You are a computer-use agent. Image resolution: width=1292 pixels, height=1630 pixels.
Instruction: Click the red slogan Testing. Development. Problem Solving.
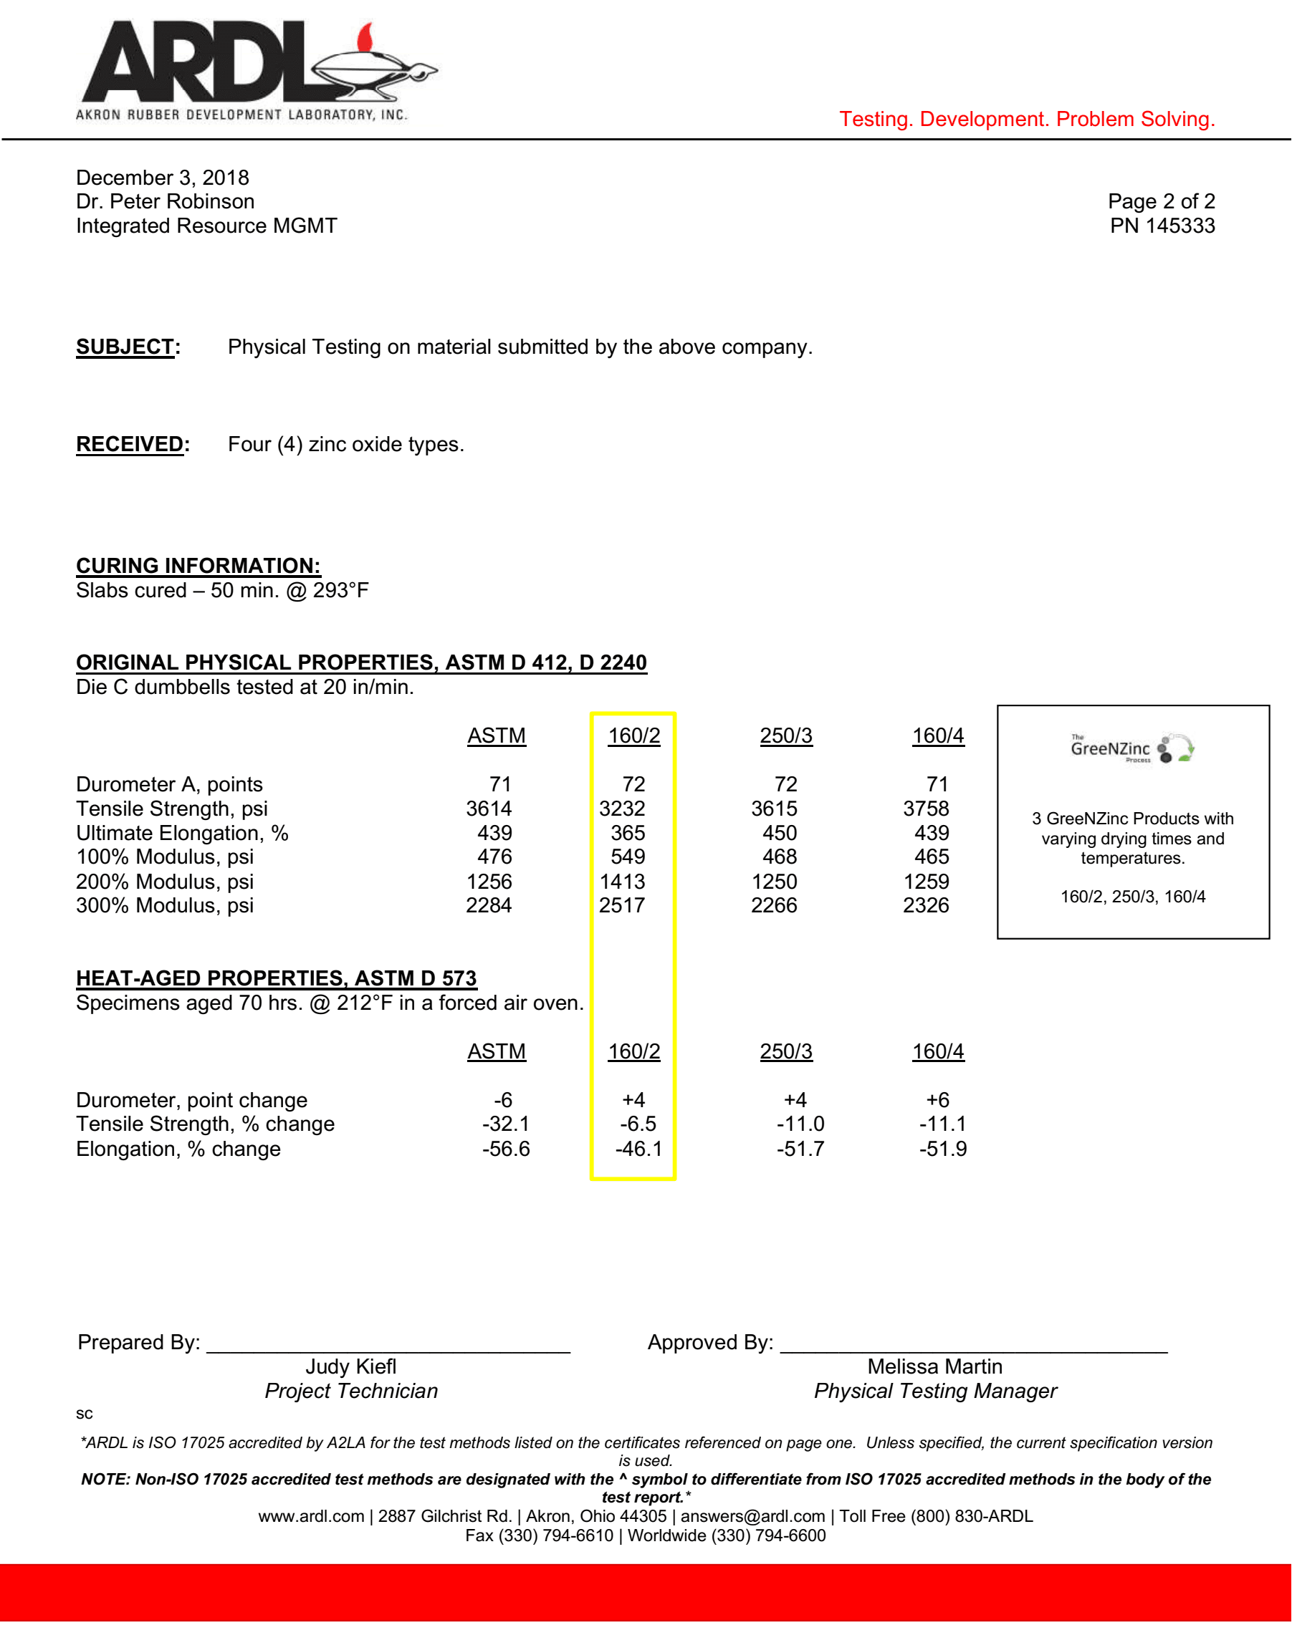coord(1026,120)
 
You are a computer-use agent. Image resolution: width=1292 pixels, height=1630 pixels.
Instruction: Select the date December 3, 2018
coord(163,178)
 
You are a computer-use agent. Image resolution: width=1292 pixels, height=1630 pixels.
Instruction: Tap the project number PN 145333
coord(1162,226)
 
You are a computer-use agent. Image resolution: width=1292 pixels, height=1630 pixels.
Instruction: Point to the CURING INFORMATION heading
coord(198,566)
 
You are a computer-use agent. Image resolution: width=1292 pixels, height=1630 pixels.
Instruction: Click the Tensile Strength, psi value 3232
coord(622,809)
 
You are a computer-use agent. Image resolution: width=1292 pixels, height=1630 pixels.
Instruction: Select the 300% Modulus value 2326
coord(926,906)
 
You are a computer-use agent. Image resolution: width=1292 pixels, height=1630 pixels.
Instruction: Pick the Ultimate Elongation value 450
coord(779,833)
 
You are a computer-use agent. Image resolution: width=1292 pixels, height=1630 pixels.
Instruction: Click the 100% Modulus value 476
coord(494,857)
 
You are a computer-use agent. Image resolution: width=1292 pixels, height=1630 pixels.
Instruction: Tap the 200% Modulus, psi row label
coord(165,882)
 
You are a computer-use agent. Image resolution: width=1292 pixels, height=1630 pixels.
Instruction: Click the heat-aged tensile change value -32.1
coord(505,1124)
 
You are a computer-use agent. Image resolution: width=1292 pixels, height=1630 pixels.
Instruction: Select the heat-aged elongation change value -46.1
coord(638,1149)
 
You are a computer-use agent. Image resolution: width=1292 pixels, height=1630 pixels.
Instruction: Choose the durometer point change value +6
coord(937,1100)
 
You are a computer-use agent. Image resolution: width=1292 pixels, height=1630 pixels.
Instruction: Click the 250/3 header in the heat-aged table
coord(786,1051)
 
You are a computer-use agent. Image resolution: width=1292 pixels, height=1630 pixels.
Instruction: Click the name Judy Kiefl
coord(351,1367)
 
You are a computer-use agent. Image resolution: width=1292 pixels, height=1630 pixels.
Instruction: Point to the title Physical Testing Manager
coord(935,1391)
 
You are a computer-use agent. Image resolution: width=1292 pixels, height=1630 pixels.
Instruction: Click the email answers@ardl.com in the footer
coord(752,1517)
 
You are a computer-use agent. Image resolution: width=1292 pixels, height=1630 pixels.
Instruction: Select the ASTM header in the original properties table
coord(496,736)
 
